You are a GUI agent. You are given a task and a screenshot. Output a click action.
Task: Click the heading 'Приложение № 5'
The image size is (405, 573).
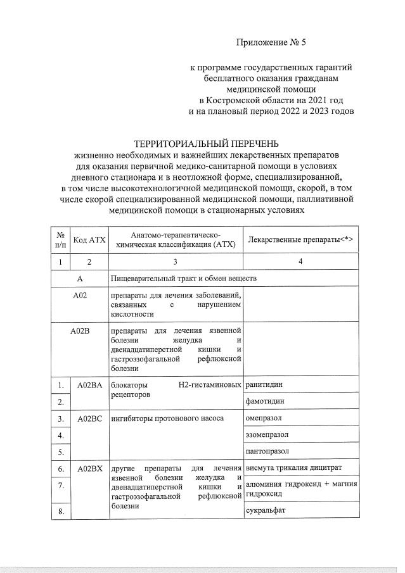tap(271, 43)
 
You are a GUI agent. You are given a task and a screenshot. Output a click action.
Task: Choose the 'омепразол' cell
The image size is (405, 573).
tap(263, 419)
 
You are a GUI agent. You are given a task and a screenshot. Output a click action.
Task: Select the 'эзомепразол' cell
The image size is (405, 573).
tap(267, 435)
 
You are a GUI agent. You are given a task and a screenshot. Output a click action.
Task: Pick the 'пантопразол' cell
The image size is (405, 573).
tap(267, 451)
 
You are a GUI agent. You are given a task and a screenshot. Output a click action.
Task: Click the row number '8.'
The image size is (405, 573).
tap(61, 512)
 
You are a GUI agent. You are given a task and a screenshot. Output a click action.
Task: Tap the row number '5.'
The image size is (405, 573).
tap(61, 452)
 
